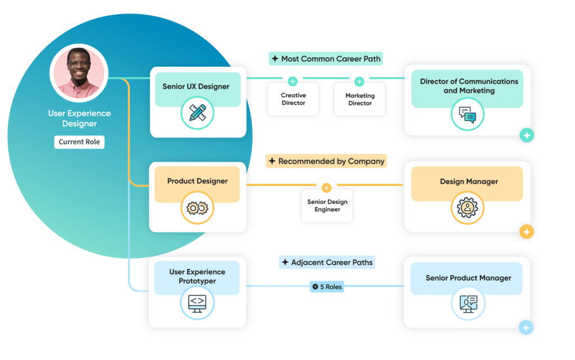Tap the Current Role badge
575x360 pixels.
[x=79, y=142]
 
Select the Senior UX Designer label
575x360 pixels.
[x=196, y=86]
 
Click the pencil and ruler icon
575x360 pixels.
[x=197, y=113]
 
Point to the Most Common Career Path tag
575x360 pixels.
[x=326, y=58]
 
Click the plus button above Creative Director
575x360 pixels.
[x=293, y=81]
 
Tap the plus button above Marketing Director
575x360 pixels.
[x=359, y=81]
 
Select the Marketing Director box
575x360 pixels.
[x=359, y=99]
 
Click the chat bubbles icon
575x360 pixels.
[x=467, y=114]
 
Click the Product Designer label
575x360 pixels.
[x=197, y=181]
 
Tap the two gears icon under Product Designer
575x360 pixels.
[x=197, y=208]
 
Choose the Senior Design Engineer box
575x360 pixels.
[x=327, y=206]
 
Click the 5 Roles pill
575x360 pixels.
[x=327, y=287]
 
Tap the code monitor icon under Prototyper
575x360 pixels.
[x=197, y=303]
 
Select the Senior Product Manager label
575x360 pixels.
[x=468, y=278]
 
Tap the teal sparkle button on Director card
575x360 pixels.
[x=526, y=135]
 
